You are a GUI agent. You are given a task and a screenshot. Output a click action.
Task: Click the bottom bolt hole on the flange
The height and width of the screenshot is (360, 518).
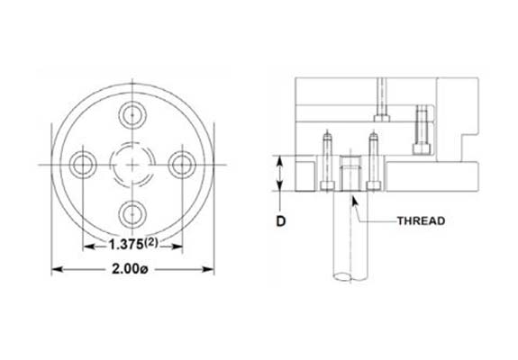click(133, 212)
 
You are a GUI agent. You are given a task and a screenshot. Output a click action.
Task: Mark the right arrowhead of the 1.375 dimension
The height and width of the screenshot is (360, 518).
click(180, 245)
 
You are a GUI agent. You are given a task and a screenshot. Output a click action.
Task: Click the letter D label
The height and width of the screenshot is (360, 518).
click(280, 219)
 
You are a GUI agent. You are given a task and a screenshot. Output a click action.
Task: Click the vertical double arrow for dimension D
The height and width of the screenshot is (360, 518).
click(280, 174)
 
